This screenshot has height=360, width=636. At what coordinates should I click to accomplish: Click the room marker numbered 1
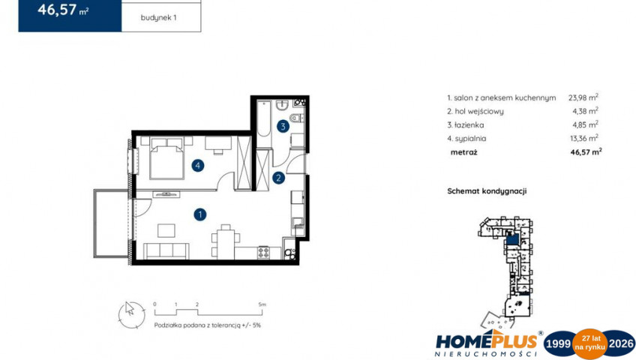tap(200, 214)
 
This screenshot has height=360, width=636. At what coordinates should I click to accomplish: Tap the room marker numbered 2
tap(279, 178)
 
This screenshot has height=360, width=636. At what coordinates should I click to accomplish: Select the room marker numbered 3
tap(283, 127)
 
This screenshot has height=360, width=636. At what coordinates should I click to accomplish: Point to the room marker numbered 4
tap(198, 166)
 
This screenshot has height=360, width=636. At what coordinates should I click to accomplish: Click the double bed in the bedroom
tap(166, 158)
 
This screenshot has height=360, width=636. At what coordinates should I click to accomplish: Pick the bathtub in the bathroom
tap(264, 119)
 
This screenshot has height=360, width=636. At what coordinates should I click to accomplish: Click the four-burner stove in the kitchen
tap(264, 253)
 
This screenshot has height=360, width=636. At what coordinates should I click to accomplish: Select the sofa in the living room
tap(166, 251)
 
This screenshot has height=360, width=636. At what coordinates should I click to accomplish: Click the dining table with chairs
tap(226, 241)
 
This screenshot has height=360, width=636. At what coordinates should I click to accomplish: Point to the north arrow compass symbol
tap(131, 314)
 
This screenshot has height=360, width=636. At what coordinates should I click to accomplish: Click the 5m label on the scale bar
tap(262, 304)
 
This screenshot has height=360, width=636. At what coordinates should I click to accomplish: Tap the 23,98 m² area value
tap(583, 97)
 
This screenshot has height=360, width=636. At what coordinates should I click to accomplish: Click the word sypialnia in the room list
tap(470, 139)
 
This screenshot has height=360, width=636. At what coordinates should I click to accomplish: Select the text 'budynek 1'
tap(158, 18)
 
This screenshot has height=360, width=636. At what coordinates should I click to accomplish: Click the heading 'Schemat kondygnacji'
tap(487, 191)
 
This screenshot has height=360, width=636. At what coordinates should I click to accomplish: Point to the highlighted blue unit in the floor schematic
tap(512, 239)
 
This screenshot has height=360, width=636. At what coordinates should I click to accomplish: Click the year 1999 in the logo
tap(559, 344)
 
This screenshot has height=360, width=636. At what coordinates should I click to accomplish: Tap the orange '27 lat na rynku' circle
tap(589, 343)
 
